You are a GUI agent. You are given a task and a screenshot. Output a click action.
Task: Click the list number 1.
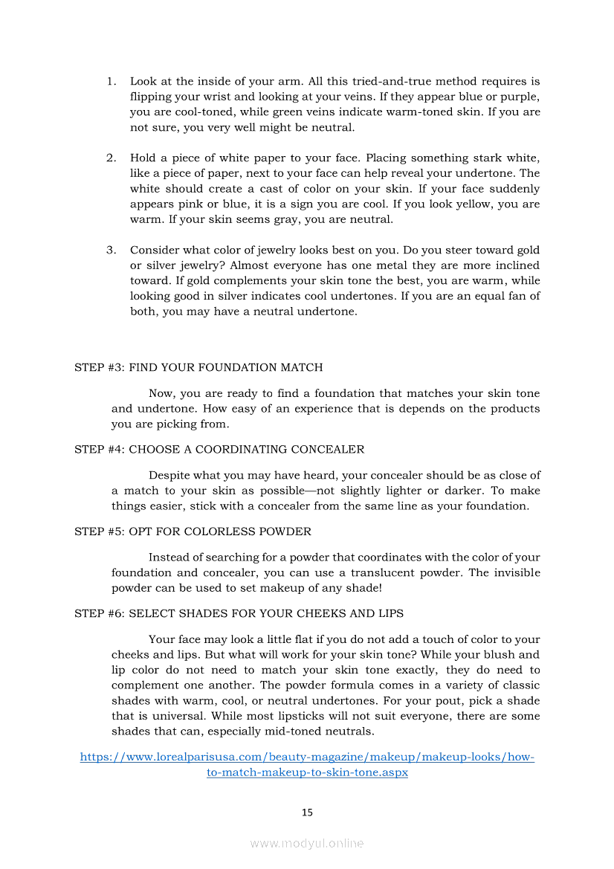click(x=111, y=81)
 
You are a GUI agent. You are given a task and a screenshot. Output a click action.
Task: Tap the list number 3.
click(x=111, y=250)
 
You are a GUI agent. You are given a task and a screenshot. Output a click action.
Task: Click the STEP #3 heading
click(x=198, y=367)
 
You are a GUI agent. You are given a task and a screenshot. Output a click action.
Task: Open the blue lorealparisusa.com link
click(x=307, y=757)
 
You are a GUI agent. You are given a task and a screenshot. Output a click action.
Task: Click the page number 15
click(x=307, y=813)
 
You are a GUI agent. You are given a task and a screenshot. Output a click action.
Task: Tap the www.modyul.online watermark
click(x=307, y=843)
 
